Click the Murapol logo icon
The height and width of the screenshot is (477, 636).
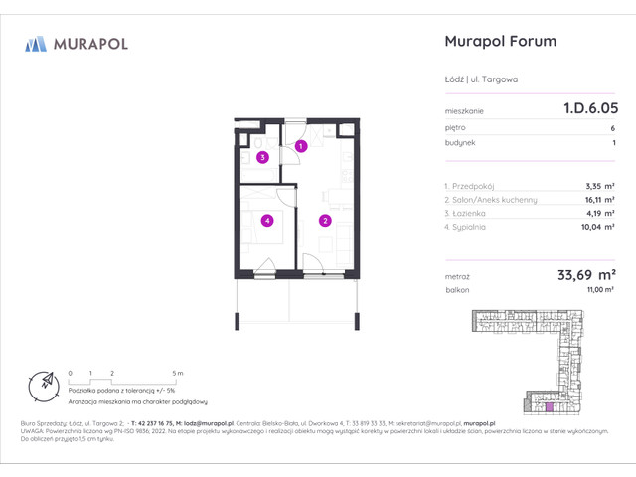(x=36, y=43)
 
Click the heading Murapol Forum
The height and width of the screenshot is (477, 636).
(x=498, y=41)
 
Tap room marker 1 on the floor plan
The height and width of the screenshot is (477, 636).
(x=301, y=147)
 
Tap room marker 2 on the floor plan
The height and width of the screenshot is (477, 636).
(x=325, y=221)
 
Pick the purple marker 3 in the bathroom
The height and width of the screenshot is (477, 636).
(x=262, y=157)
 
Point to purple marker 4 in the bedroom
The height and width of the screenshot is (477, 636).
(x=266, y=221)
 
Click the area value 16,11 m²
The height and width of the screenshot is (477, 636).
(x=598, y=199)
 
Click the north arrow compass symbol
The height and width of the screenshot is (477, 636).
(x=43, y=383)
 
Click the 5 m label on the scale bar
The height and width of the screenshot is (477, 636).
(x=176, y=372)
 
